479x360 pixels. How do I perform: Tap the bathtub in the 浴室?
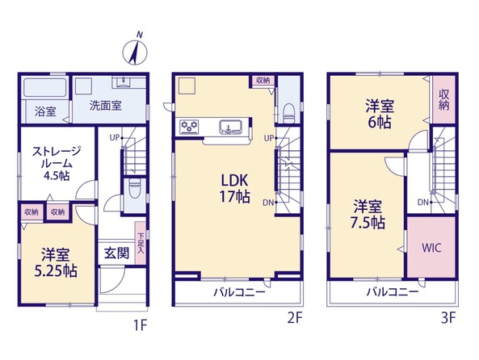coord(45,88)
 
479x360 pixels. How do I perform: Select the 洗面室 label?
coord(105,106)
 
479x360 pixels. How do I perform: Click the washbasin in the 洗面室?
coord(124,82)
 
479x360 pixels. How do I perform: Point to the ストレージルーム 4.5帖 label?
coord(56,163)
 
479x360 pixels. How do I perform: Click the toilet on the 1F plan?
coord(135,188)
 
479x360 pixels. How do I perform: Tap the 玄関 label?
coord(116,253)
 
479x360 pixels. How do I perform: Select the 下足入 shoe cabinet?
coord(141,243)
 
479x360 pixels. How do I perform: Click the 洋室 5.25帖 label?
coord(56,263)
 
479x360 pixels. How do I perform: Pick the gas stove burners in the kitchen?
coord(189,126)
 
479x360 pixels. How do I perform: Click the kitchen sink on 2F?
coord(231,127)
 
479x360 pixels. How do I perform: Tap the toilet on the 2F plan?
coord(288,113)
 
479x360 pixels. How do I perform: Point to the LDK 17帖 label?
coord(234,189)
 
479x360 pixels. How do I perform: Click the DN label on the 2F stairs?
coord(268,203)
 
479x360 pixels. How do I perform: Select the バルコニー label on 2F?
coord(239,292)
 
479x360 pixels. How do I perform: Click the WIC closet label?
coord(431,248)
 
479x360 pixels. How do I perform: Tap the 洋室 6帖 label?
coord(380,115)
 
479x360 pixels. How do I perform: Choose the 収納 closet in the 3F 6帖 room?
coord(444,99)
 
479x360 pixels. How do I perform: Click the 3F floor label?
coord(448,319)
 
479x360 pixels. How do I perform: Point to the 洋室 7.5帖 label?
coord(368,215)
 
